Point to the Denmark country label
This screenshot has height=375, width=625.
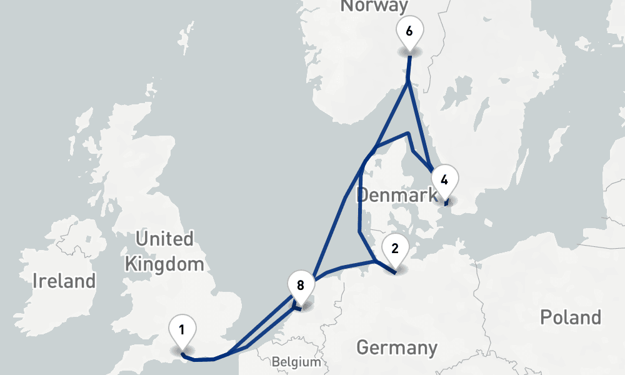click(397, 195)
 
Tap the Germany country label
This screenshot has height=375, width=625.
click(397, 347)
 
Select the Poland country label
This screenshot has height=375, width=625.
click(571, 317)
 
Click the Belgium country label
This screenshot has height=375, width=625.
click(296, 362)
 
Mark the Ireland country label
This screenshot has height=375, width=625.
click(64, 281)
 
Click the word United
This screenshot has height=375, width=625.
click(164, 239)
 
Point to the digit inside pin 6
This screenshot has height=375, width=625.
click(409, 31)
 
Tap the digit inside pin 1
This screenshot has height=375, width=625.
click(182, 329)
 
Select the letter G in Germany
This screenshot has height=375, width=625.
click(362, 347)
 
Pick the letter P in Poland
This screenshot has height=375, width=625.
click(545, 317)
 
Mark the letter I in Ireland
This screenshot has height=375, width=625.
click(36, 281)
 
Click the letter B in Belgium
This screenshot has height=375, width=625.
click(276, 362)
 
